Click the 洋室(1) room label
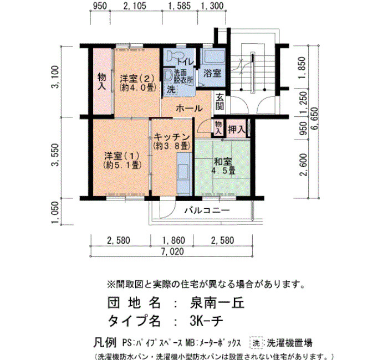point(122,156)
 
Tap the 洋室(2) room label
point(137,79)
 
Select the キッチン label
point(172,137)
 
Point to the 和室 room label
point(223,162)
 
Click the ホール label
point(189,109)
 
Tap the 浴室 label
point(212,73)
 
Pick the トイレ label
point(185,62)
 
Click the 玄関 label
point(219,101)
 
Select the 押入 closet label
point(237,129)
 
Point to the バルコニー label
point(207,210)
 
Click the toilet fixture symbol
point(172,55)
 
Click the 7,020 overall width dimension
point(172,251)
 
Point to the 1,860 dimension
point(173,240)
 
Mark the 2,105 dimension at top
point(135,6)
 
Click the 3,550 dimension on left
point(55,155)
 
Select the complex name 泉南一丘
point(217,302)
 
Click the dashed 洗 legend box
point(256,343)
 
